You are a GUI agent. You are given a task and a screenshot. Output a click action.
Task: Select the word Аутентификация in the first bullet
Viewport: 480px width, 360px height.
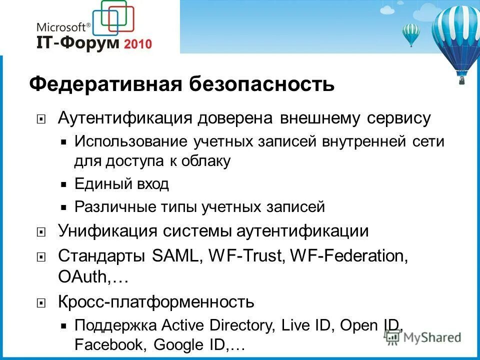click(x=125, y=118)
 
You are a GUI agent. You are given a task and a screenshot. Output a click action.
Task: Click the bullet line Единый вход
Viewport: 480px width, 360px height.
click(x=121, y=184)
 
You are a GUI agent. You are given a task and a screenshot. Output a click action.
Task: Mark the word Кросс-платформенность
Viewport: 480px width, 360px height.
click(x=156, y=302)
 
